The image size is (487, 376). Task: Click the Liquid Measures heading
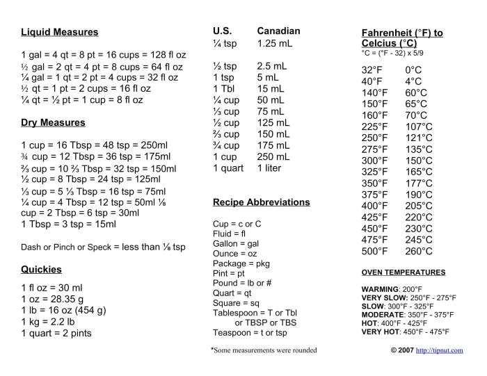coord(60,32)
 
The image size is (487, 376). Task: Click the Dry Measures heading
coord(53,122)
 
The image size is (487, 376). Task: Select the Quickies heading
coord(42,269)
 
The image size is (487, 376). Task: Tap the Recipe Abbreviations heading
coord(262,202)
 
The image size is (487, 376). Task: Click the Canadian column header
coord(278,31)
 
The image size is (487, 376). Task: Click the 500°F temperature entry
coord(374,252)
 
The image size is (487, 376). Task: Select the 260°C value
coord(419,252)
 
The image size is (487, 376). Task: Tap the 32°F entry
coord(372,70)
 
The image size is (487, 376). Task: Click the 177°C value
coord(419,183)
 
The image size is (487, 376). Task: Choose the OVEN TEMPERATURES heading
coord(404,272)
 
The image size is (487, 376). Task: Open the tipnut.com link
coord(439,350)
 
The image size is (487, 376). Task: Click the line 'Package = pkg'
coord(241,264)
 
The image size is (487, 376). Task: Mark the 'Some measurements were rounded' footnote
coord(264,350)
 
